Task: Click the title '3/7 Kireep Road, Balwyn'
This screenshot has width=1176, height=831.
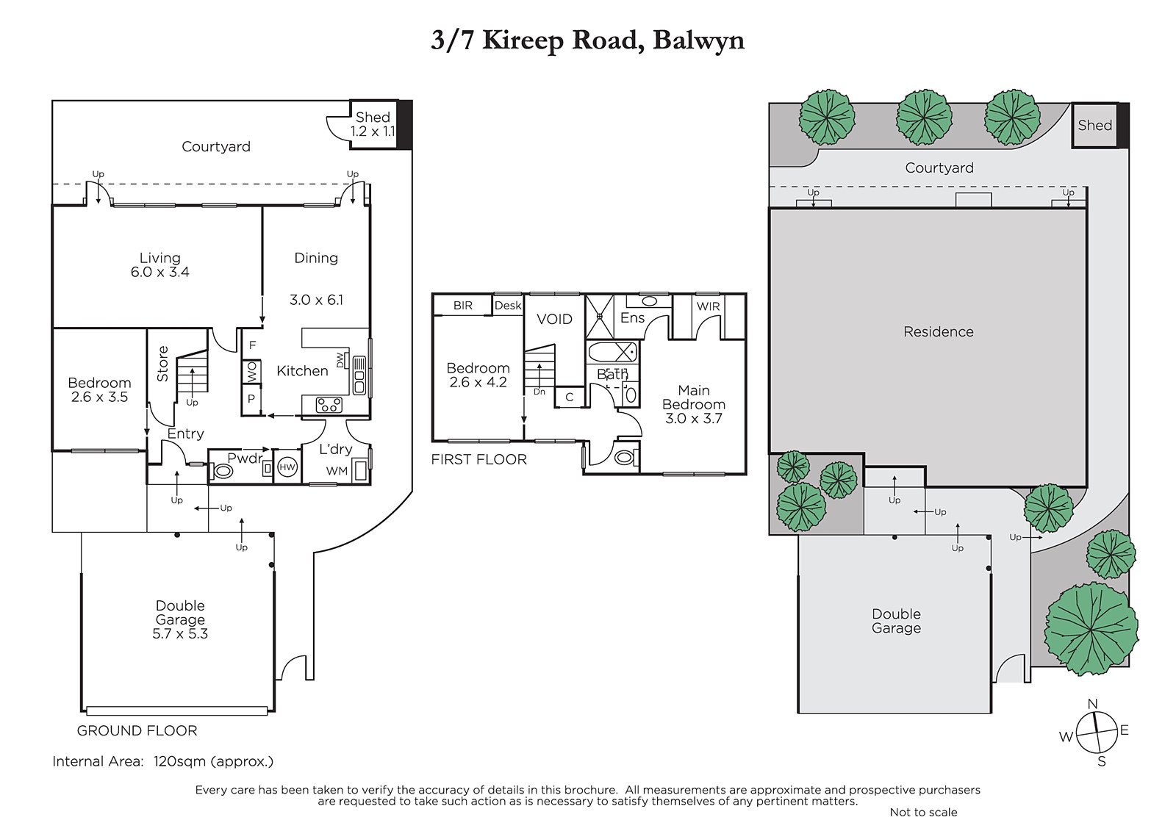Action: point(587,40)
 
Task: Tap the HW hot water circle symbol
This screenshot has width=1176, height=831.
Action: point(287,467)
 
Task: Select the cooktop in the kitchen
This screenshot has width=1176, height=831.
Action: point(329,406)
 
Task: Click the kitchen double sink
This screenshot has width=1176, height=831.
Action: point(359,376)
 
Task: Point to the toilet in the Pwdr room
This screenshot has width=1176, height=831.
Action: point(221,471)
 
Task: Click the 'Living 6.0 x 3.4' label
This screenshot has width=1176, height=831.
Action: point(159,265)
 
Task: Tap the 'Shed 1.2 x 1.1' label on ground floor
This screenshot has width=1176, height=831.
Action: point(373,124)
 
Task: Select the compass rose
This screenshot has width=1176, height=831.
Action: point(1096,733)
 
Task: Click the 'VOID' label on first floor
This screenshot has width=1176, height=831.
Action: point(554,319)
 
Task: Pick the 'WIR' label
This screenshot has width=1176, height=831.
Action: point(709,306)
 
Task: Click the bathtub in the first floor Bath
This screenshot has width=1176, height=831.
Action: point(612,352)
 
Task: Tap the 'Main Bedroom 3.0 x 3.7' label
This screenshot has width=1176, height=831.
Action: point(694,404)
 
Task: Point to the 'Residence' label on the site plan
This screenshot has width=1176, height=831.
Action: point(938,332)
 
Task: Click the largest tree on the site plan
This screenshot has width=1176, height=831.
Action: point(1091,629)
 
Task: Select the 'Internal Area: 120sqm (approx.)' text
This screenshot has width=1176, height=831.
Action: point(162,761)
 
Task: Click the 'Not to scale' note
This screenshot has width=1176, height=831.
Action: point(923,812)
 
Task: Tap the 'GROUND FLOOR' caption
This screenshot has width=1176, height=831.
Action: point(137,731)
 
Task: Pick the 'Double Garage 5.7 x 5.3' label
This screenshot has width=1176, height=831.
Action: point(180,619)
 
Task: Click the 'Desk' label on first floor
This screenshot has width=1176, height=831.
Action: point(508,306)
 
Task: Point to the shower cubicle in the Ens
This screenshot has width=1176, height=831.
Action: point(599,317)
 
